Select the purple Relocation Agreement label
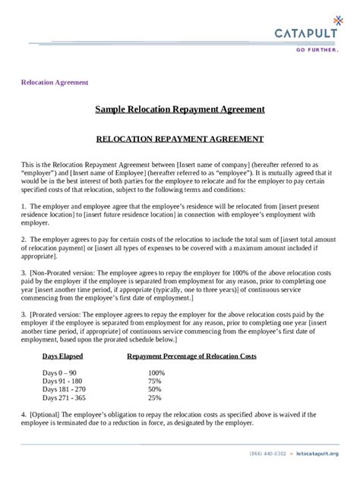[x=55, y=82]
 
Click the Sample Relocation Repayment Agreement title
[x=180, y=109]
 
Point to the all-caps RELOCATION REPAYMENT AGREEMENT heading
[x=180, y=139]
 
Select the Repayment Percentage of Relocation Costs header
[x=191, y=356]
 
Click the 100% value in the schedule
[x=156, y=373]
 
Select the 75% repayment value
[x=155, y=382]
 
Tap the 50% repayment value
[x=155, y=390]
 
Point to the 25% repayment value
[x=155, y=398]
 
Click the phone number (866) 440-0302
[x=267, y=454]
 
